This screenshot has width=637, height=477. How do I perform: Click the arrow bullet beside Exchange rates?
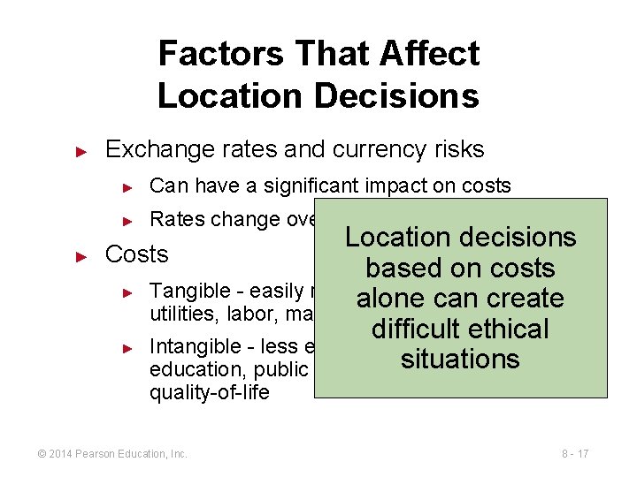81,150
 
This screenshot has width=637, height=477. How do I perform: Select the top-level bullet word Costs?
136,254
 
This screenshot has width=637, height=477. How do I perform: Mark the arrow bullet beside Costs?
81,256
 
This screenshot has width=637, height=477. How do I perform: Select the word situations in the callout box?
460,360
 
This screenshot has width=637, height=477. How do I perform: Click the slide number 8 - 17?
574,454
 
